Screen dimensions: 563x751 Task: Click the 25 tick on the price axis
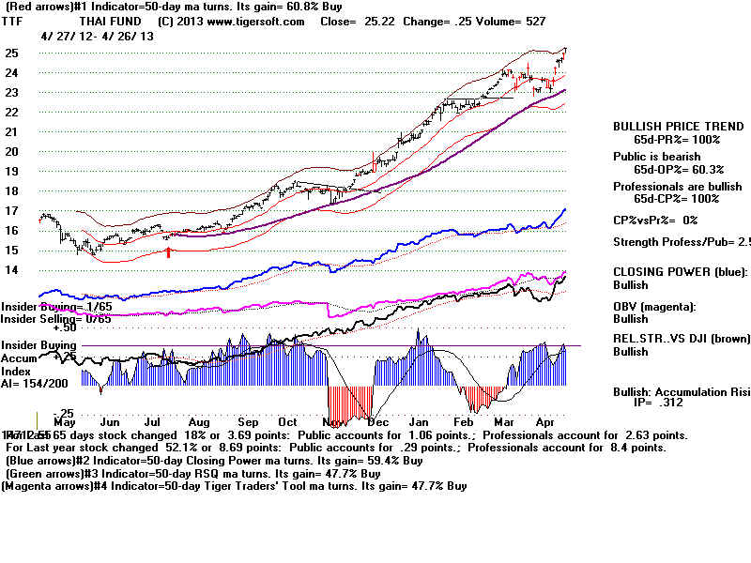point(11,53)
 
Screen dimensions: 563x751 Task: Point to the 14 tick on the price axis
point(11,270)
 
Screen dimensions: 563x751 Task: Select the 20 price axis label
point(11,151)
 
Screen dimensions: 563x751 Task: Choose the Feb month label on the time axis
point(471,423)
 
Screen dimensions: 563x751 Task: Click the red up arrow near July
point(169,251)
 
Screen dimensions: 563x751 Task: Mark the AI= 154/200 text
point(34,385)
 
